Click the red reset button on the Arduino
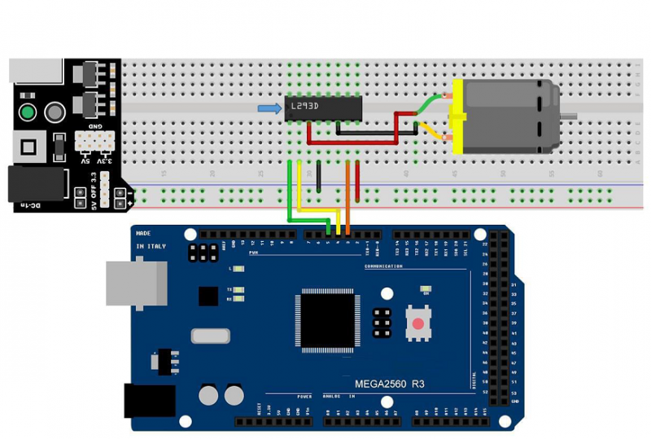click(418, 323)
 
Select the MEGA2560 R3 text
click(389, 383)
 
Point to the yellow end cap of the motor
click(456, 116)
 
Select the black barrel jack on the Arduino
click(150, 400)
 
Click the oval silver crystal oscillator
click(211, 335)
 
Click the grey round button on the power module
click(55, 112)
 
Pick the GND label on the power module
click(94, 128)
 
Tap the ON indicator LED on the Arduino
click(424, 289)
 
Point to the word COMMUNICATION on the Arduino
click(383, 266)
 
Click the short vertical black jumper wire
click(318, 175)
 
